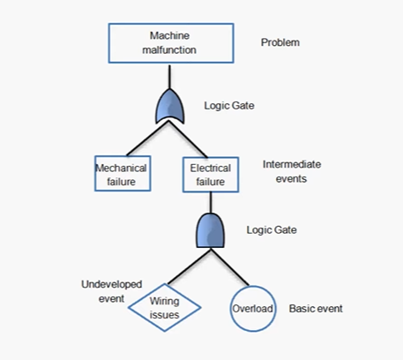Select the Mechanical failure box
(x=122, y=174)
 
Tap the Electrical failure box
(x=210, y=174)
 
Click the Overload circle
(x=253, y=309)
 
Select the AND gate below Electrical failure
(x=210, y=231)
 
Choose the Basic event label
(x=317, y=309)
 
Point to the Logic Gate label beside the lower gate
(x=272, y=230)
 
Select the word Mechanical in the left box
(x=122, y=168)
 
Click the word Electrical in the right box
(x=210, y=168)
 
